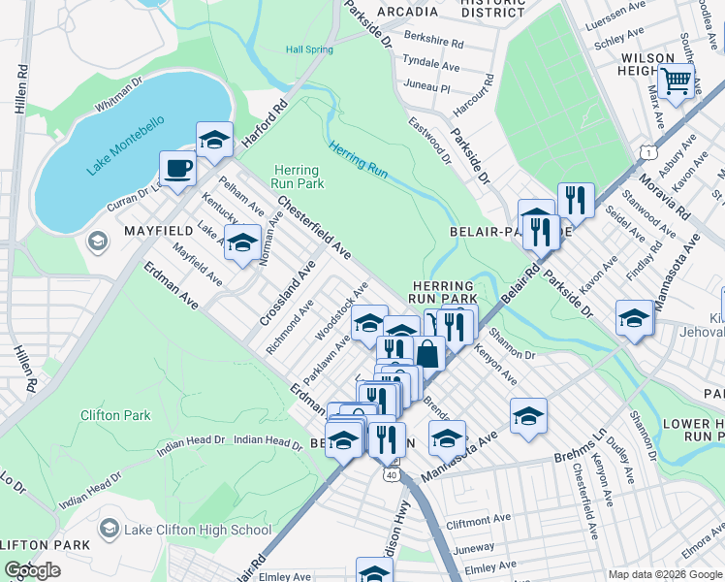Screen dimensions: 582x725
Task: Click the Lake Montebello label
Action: (126, 146)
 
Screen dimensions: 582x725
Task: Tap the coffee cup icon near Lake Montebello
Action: (177, 168)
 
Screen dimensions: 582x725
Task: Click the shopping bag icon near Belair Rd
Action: (427, 353)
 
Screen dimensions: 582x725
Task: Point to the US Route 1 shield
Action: (647, 152)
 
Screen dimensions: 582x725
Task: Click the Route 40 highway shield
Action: (390, 474)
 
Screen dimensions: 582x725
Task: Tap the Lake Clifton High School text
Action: (197, 530)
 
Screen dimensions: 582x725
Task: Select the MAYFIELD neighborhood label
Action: (158, 232)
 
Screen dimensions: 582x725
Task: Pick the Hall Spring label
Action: (309, 49)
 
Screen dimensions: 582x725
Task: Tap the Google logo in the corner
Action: (33, 570)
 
